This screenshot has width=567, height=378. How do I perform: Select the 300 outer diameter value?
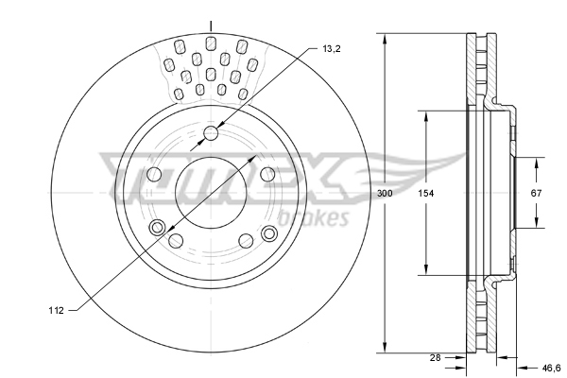tap(384, 193)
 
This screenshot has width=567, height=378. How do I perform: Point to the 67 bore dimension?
tap(536, 193)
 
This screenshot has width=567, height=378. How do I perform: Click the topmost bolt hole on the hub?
tap(211, 133)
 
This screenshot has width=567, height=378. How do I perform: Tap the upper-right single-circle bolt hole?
tap(267, 174)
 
